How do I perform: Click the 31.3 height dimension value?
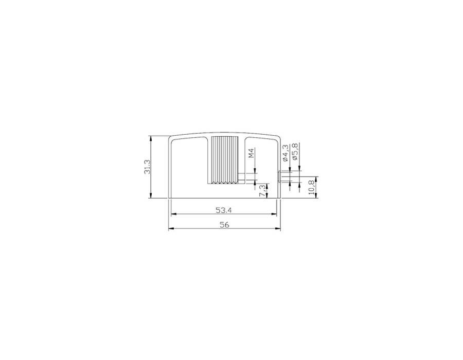coord(147,167)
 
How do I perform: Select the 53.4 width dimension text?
coord(224,210)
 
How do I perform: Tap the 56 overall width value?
coord(224,225)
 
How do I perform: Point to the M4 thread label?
coord(251,153)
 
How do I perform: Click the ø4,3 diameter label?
coord(285,153)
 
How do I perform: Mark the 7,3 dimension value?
coord(262,191)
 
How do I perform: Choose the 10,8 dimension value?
coord(311,187)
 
